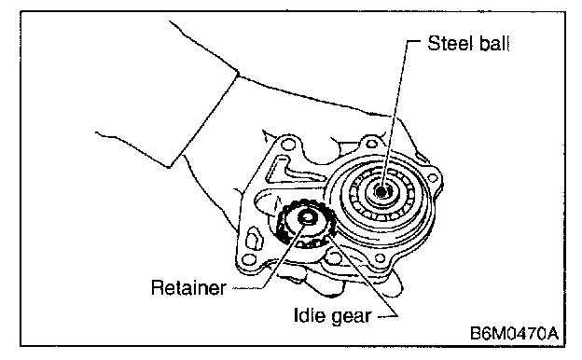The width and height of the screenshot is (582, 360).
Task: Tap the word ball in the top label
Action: pyautogui.click(x=494, y=44)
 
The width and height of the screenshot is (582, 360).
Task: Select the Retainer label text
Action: pyautogui.click(x=188, y=287)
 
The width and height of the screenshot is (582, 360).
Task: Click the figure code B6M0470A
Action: pyautogui.click(x=514, y=333)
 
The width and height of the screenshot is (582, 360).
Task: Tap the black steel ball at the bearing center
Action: pyautogui.click(x=381, y=191)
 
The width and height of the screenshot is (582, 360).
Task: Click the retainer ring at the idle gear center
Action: pyautogui.click(x=307, y=217)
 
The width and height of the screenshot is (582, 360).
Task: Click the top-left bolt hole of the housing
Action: pyautogui.click(x=287, y=144)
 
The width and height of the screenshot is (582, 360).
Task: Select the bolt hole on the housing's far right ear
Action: pyautogui.click(x=433, y=178)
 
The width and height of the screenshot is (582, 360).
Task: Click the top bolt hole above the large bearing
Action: pyautogui.click(x=371, y=144)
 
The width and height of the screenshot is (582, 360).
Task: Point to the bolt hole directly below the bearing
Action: pyautogui.click(x=379, y=257)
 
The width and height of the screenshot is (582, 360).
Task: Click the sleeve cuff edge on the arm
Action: pyautogui.click(x=204, y=118)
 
